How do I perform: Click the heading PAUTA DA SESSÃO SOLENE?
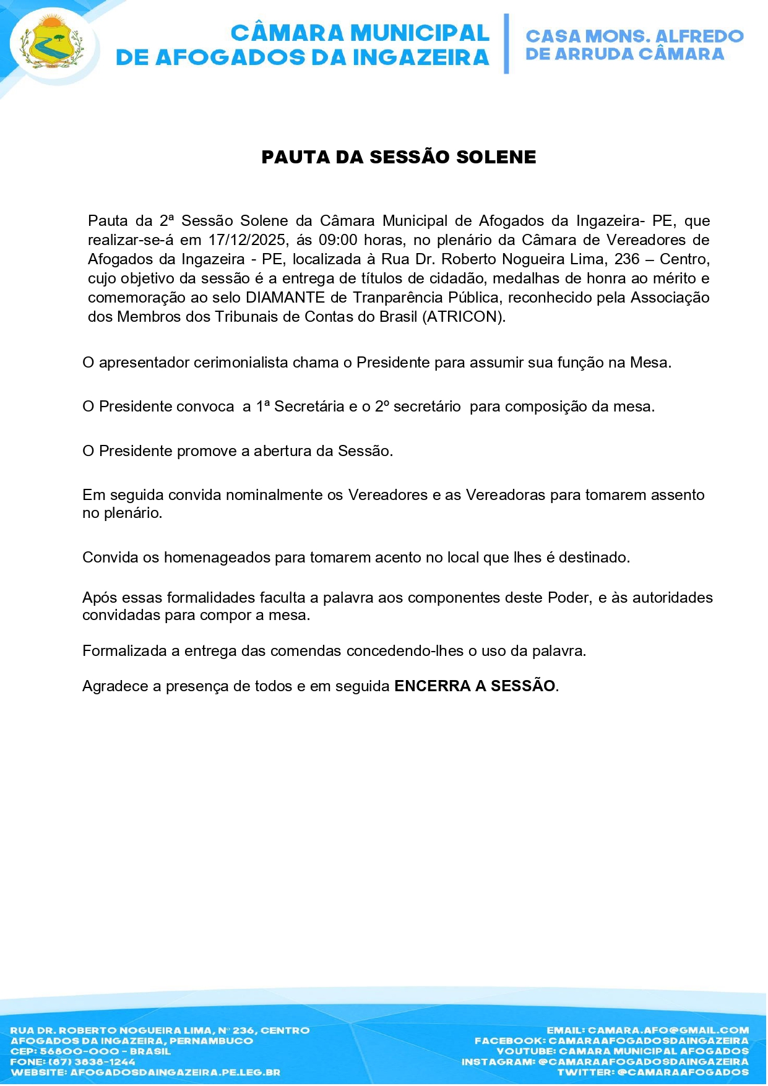pos(399,157)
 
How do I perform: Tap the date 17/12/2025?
pos(248,240)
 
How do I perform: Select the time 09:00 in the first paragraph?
pos(338,240)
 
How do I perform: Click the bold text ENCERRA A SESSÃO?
pos(475,686)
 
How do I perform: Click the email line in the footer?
pos(647,1030)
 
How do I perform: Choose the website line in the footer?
pos(145,1072)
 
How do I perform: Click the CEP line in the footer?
pos(90,1051)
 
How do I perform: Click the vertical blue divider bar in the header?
pos(506,43)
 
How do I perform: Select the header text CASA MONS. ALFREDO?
pos(634,37)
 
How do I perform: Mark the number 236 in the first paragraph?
pos(627,259)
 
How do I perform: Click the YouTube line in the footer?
pos(623,1051)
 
